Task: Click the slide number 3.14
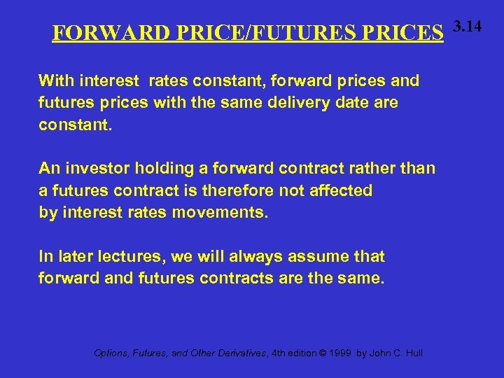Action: pos(467,27)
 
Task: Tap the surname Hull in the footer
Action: pos(413,353)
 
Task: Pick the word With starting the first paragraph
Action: pos(53,80)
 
